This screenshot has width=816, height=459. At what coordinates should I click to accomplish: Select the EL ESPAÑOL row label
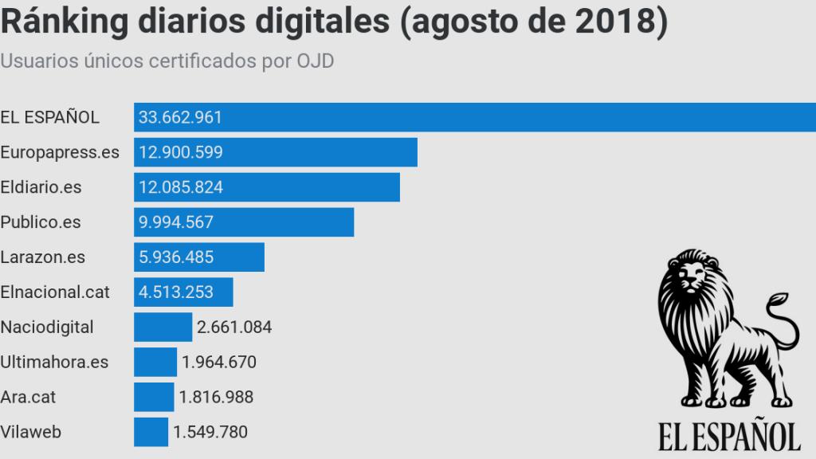coord(50,117)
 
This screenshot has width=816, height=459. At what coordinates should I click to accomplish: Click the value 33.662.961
coord(180,117)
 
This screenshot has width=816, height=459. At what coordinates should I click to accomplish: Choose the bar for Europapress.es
coord(319,152)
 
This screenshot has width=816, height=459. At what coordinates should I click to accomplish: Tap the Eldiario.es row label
coord(41,187)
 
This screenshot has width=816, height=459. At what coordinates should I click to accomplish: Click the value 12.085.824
coord(181,187)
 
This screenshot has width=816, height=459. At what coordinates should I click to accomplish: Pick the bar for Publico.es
coord(279,222)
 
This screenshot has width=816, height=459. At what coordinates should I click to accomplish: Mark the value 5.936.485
coord(176,257)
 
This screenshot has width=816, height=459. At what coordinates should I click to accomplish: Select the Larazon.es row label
coord(43,257)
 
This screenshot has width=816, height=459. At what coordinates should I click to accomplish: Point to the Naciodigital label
coord(47,327)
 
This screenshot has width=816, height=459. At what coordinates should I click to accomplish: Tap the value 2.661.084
coord(234,327)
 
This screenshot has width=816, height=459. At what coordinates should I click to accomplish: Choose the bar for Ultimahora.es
coord(155,362)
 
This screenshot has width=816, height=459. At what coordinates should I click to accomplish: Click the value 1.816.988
coord(216,397)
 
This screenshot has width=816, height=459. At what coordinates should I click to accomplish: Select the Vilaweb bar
coord(151,432)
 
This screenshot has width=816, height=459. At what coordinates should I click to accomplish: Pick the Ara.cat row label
coord(29,397)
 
